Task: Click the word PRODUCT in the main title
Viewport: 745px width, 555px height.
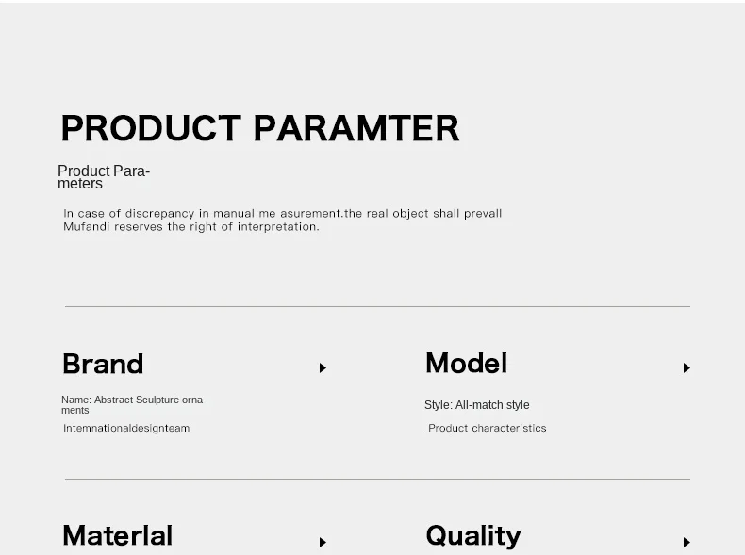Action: click(151, 128)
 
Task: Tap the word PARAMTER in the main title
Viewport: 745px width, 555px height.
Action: click(356, 128)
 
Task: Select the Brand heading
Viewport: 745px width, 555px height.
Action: click(103, 364)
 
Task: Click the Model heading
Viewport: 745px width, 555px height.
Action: click(467, 363)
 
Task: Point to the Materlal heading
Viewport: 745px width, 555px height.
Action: click(117, 535)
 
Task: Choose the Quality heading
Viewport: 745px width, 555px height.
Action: click(473, 536)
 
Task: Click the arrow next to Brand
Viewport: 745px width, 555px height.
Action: click(323, 367)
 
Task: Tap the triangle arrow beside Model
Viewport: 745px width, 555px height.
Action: click(687, 367)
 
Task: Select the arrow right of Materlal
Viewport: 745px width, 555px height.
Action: click(323, 542)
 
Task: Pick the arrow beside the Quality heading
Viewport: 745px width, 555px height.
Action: click(687, 542)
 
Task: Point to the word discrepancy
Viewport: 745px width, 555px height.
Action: click(159, 214)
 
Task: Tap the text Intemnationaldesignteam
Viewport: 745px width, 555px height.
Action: click(126, 428)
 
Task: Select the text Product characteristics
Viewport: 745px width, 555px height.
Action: click(487, 428)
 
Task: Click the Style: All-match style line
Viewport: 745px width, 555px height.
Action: click(476, 405)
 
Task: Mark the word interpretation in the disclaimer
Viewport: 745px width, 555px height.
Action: click(278, 227)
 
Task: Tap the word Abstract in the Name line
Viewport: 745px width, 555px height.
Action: click(113, 400)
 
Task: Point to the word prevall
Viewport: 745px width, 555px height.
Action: click(483, 214)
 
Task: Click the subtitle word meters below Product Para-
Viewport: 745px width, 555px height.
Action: click(80, 183)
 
